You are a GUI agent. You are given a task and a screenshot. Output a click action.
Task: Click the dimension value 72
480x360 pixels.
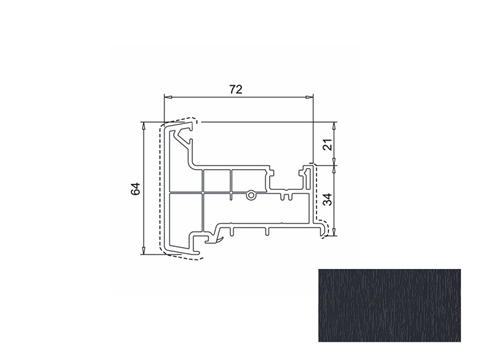tap(236, 89)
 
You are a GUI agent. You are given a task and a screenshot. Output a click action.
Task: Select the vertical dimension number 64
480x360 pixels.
tap(135, 189)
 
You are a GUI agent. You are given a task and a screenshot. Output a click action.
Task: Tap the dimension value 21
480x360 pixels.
tap(328, 144)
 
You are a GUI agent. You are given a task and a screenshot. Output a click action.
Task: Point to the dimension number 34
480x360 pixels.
tap(328, 199)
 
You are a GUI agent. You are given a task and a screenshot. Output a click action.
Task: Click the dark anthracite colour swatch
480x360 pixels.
tap(389, 305)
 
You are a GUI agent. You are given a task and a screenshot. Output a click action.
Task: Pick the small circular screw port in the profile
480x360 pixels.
tap(250, 195)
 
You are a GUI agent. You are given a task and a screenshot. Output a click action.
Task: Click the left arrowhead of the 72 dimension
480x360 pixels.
tap(168, 97)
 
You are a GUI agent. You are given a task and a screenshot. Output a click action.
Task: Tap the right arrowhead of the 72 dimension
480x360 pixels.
tap(309, 97)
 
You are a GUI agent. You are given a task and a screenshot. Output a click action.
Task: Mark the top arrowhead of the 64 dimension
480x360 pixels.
tap(143, 126)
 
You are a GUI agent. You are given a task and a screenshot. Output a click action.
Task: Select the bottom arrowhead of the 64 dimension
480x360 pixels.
tap(143, 250)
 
